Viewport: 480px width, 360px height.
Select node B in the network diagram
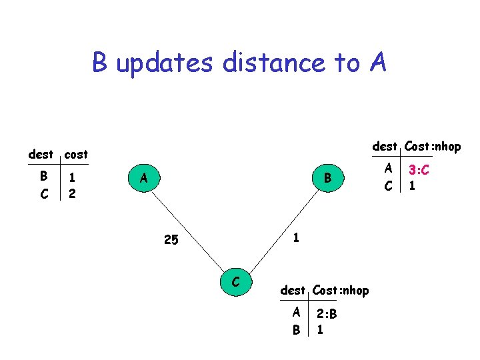(327, 178)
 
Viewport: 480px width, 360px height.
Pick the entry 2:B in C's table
(327, 313)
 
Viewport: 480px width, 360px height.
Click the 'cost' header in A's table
(76, 154)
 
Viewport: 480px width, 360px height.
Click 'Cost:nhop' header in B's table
(431, 146)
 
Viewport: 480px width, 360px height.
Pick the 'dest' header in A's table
(41, 154)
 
